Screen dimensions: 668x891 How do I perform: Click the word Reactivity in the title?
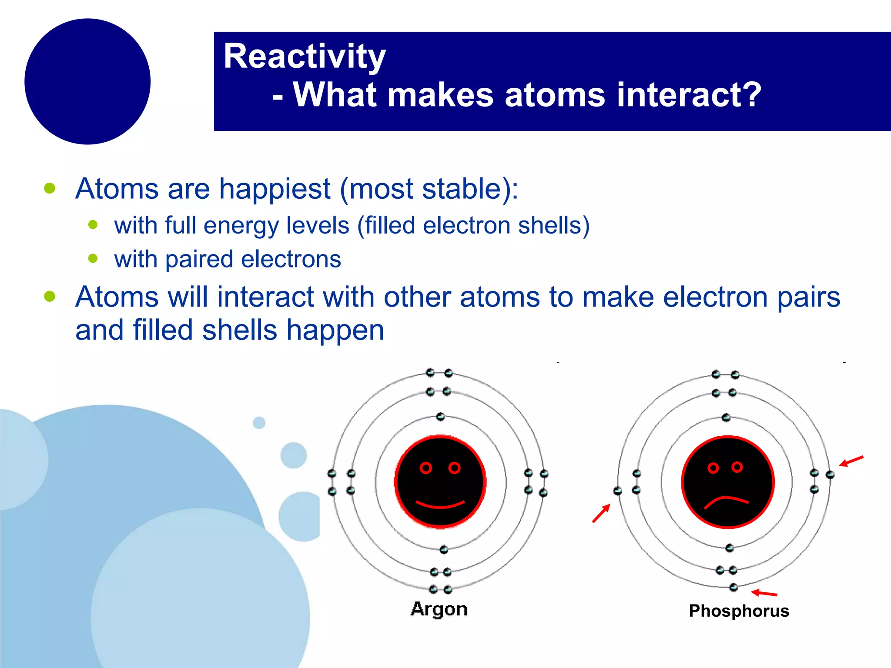(x=305, y=57)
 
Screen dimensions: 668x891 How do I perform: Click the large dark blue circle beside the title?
(x=87, y=81)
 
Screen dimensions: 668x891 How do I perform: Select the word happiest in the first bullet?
(x=274, y=189)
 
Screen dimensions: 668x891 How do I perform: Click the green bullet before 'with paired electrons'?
(x=93, y=259)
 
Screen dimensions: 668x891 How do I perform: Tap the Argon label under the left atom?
(x=439, y=609)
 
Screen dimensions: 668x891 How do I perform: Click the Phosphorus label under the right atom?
(x=739, y=611)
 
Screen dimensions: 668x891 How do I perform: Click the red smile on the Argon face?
(x=440, y=505)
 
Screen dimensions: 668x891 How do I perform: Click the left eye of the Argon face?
(x=425, y=468)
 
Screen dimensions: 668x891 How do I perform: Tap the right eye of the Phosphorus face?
(x=737, y=467)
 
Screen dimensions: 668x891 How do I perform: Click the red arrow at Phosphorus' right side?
(x=851, y=461)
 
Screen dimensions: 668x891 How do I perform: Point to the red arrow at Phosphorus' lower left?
(x=601, y=513)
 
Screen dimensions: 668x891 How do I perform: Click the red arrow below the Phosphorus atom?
(x=764, y=593)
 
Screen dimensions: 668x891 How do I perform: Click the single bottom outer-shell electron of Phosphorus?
(x=734, y=587)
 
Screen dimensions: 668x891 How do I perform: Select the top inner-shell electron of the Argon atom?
(x=440, y=417)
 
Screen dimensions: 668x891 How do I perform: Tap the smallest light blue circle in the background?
(x=259, y=422)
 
